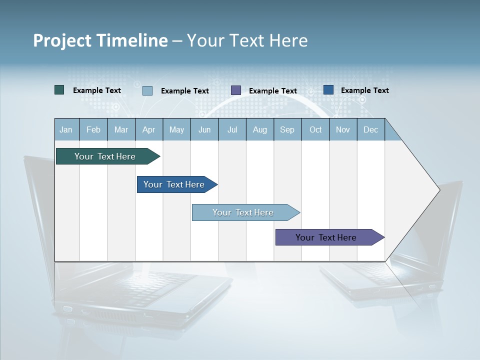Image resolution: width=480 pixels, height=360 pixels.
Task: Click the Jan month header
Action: pos(66,129)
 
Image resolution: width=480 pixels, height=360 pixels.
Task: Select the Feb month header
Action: pos(93,129)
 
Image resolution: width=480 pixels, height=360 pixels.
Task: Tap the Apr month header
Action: pos(148,129)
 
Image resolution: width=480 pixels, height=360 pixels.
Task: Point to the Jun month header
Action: pos(204,129)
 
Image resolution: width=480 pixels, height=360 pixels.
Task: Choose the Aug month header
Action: pos(259,129)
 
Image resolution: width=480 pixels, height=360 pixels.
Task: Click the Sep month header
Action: pos(287,129)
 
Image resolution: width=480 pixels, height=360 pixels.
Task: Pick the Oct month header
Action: pos(315,129)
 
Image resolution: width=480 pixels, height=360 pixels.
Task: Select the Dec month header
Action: pos(370,129)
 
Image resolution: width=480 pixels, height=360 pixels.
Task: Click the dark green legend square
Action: pos(59,90)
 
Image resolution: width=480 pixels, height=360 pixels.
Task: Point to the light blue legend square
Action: pos(147,90)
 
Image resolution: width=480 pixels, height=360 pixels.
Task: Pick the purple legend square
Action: pos(236,90)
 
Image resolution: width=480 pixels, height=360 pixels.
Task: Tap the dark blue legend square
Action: pos(328,90)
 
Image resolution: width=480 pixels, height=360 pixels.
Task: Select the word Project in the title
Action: pos(62,40)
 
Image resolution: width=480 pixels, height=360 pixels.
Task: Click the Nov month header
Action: pos(343,129)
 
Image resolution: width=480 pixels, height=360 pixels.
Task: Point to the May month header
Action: pos(176,129)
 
